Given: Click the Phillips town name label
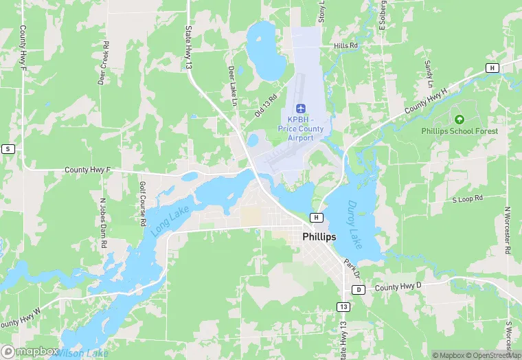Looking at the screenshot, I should tap(319, 236).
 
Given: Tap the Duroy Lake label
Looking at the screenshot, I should tap(358, 224).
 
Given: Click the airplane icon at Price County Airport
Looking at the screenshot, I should tap(300, 108).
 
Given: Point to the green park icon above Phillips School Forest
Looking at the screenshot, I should tap(459, 120).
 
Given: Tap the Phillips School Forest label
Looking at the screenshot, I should tap(460, 131).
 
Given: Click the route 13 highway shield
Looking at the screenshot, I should tap(342, 305).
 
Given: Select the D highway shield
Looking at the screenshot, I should tap(359, 289).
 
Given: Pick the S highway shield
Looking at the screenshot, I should tap(8, 148).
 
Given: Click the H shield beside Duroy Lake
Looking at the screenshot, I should tap(316, 217).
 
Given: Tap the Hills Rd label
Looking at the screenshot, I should tap(345, 45).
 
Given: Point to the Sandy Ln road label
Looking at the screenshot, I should tap(429, 74).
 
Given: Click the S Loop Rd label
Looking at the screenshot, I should tap(467, 199).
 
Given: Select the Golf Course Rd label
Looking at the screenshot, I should tap(143, 204).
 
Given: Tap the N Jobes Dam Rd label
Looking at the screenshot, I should tap(104, 223).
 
